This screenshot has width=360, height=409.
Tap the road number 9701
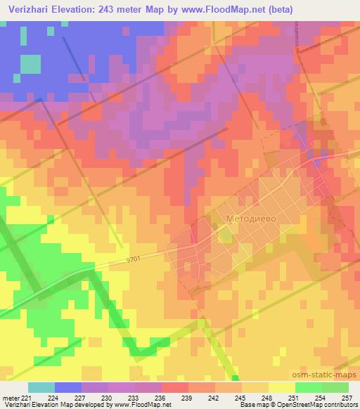point(134,259)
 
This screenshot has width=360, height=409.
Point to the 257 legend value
point(347,397)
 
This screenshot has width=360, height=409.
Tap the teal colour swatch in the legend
point(41,388)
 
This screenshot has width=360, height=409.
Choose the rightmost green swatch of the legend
point(335,388)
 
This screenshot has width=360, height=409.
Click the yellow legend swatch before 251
point(281,388)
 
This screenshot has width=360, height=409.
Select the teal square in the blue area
point(30,64)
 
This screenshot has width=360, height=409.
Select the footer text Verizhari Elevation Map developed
point(49,405)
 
